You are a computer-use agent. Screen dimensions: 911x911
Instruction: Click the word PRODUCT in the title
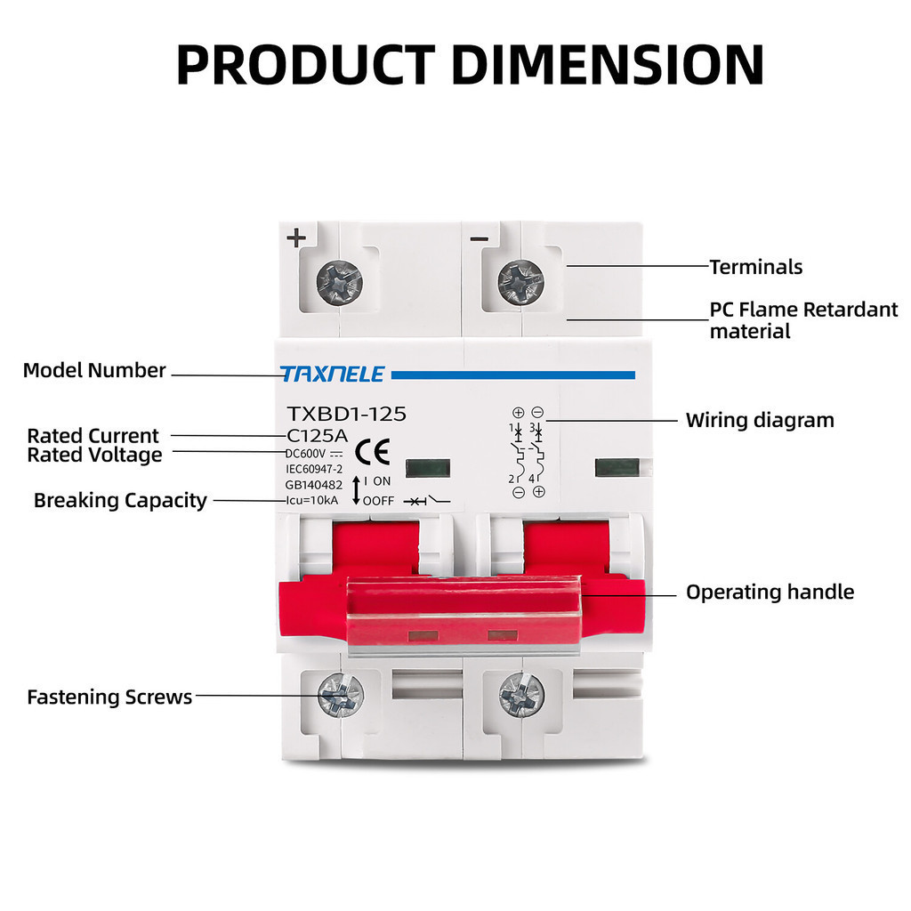point(302,64)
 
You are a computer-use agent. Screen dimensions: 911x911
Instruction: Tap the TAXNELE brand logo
point(333,375)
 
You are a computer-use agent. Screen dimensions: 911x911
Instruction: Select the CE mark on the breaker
point(372,453)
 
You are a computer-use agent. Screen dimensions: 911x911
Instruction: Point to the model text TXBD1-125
point(346,414)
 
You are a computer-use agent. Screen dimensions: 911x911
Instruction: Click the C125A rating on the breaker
point(316,436)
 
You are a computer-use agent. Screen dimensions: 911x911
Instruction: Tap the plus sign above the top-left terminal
point(296,238)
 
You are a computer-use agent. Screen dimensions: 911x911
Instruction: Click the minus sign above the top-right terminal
point(479,238)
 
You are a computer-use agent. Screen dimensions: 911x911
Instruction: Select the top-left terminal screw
point(339,282)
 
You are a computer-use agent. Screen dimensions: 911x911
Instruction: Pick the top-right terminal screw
point(520,282)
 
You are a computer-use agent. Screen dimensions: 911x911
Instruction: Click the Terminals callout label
point(755,267)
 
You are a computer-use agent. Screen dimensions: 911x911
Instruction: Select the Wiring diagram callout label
point(760,420)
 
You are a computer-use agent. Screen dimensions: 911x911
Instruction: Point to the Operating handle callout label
point(770,593)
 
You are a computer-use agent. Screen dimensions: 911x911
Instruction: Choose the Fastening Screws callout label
point(109,697)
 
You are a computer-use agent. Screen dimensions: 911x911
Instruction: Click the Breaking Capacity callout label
point(120,500)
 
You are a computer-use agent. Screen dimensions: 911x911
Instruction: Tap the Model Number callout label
point(94,371)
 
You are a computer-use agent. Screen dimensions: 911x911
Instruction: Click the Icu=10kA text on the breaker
point(311,500)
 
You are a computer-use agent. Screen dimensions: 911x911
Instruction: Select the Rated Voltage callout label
point(94,455)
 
